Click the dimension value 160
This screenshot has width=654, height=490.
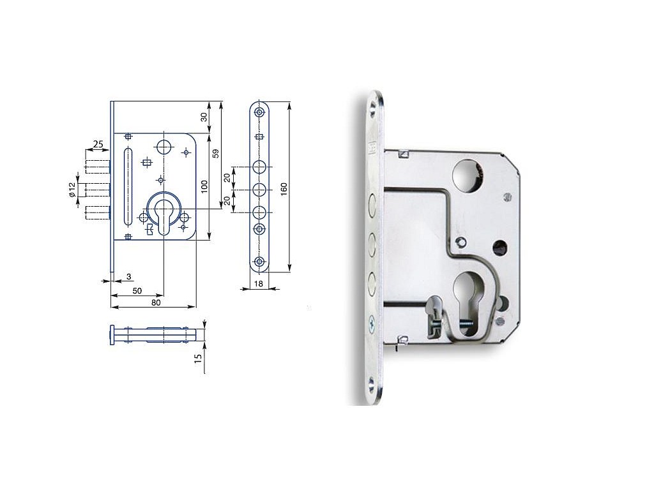click(284, 189)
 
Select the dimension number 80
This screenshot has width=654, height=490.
click(156, 302)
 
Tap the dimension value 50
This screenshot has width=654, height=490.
click(137, 291)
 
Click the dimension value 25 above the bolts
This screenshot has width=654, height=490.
click(98, 144)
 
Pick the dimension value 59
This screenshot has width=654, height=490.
click(216, 153)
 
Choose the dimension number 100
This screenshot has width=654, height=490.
click(204, 186)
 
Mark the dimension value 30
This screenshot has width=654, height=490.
click(204, 117)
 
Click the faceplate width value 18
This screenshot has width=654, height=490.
click(258, 284)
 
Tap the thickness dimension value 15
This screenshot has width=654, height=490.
click(199, 357)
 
